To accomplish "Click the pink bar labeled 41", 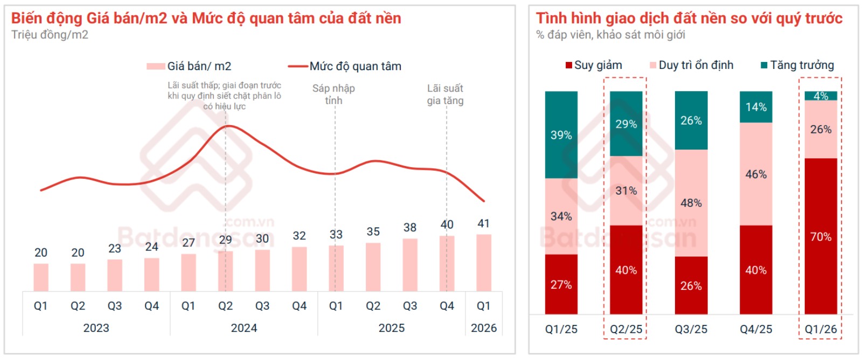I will click(483, 263).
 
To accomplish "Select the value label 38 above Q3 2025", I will click(410, 227).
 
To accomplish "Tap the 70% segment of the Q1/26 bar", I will click(821, 236).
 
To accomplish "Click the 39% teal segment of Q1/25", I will click(561, 135).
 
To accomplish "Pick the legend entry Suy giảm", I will click(594, 65).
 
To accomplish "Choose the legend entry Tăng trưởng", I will click(797, 65).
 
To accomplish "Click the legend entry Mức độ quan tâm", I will click(345, 66).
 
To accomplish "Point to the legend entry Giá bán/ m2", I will click(189, 66).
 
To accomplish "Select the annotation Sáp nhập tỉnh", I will click(333, 94).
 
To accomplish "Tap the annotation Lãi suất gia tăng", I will click(445, 94).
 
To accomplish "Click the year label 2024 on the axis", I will click(244, 328).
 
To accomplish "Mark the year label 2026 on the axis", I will click(483, 328).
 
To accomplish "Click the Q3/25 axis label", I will click(691, 329).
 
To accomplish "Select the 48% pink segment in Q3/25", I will click(691, 203).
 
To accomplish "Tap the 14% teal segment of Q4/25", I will click(756, 107).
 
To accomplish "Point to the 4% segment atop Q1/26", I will click(821, 96).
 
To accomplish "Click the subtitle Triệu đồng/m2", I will click(50, 35).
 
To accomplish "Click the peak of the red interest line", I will click(228, 126).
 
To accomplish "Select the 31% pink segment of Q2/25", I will click(625, 190).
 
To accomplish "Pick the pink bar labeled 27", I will click(189, 273).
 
